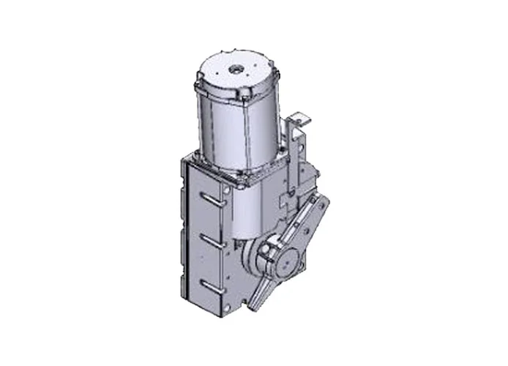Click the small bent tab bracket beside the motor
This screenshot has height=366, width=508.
(x=300, y=119)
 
